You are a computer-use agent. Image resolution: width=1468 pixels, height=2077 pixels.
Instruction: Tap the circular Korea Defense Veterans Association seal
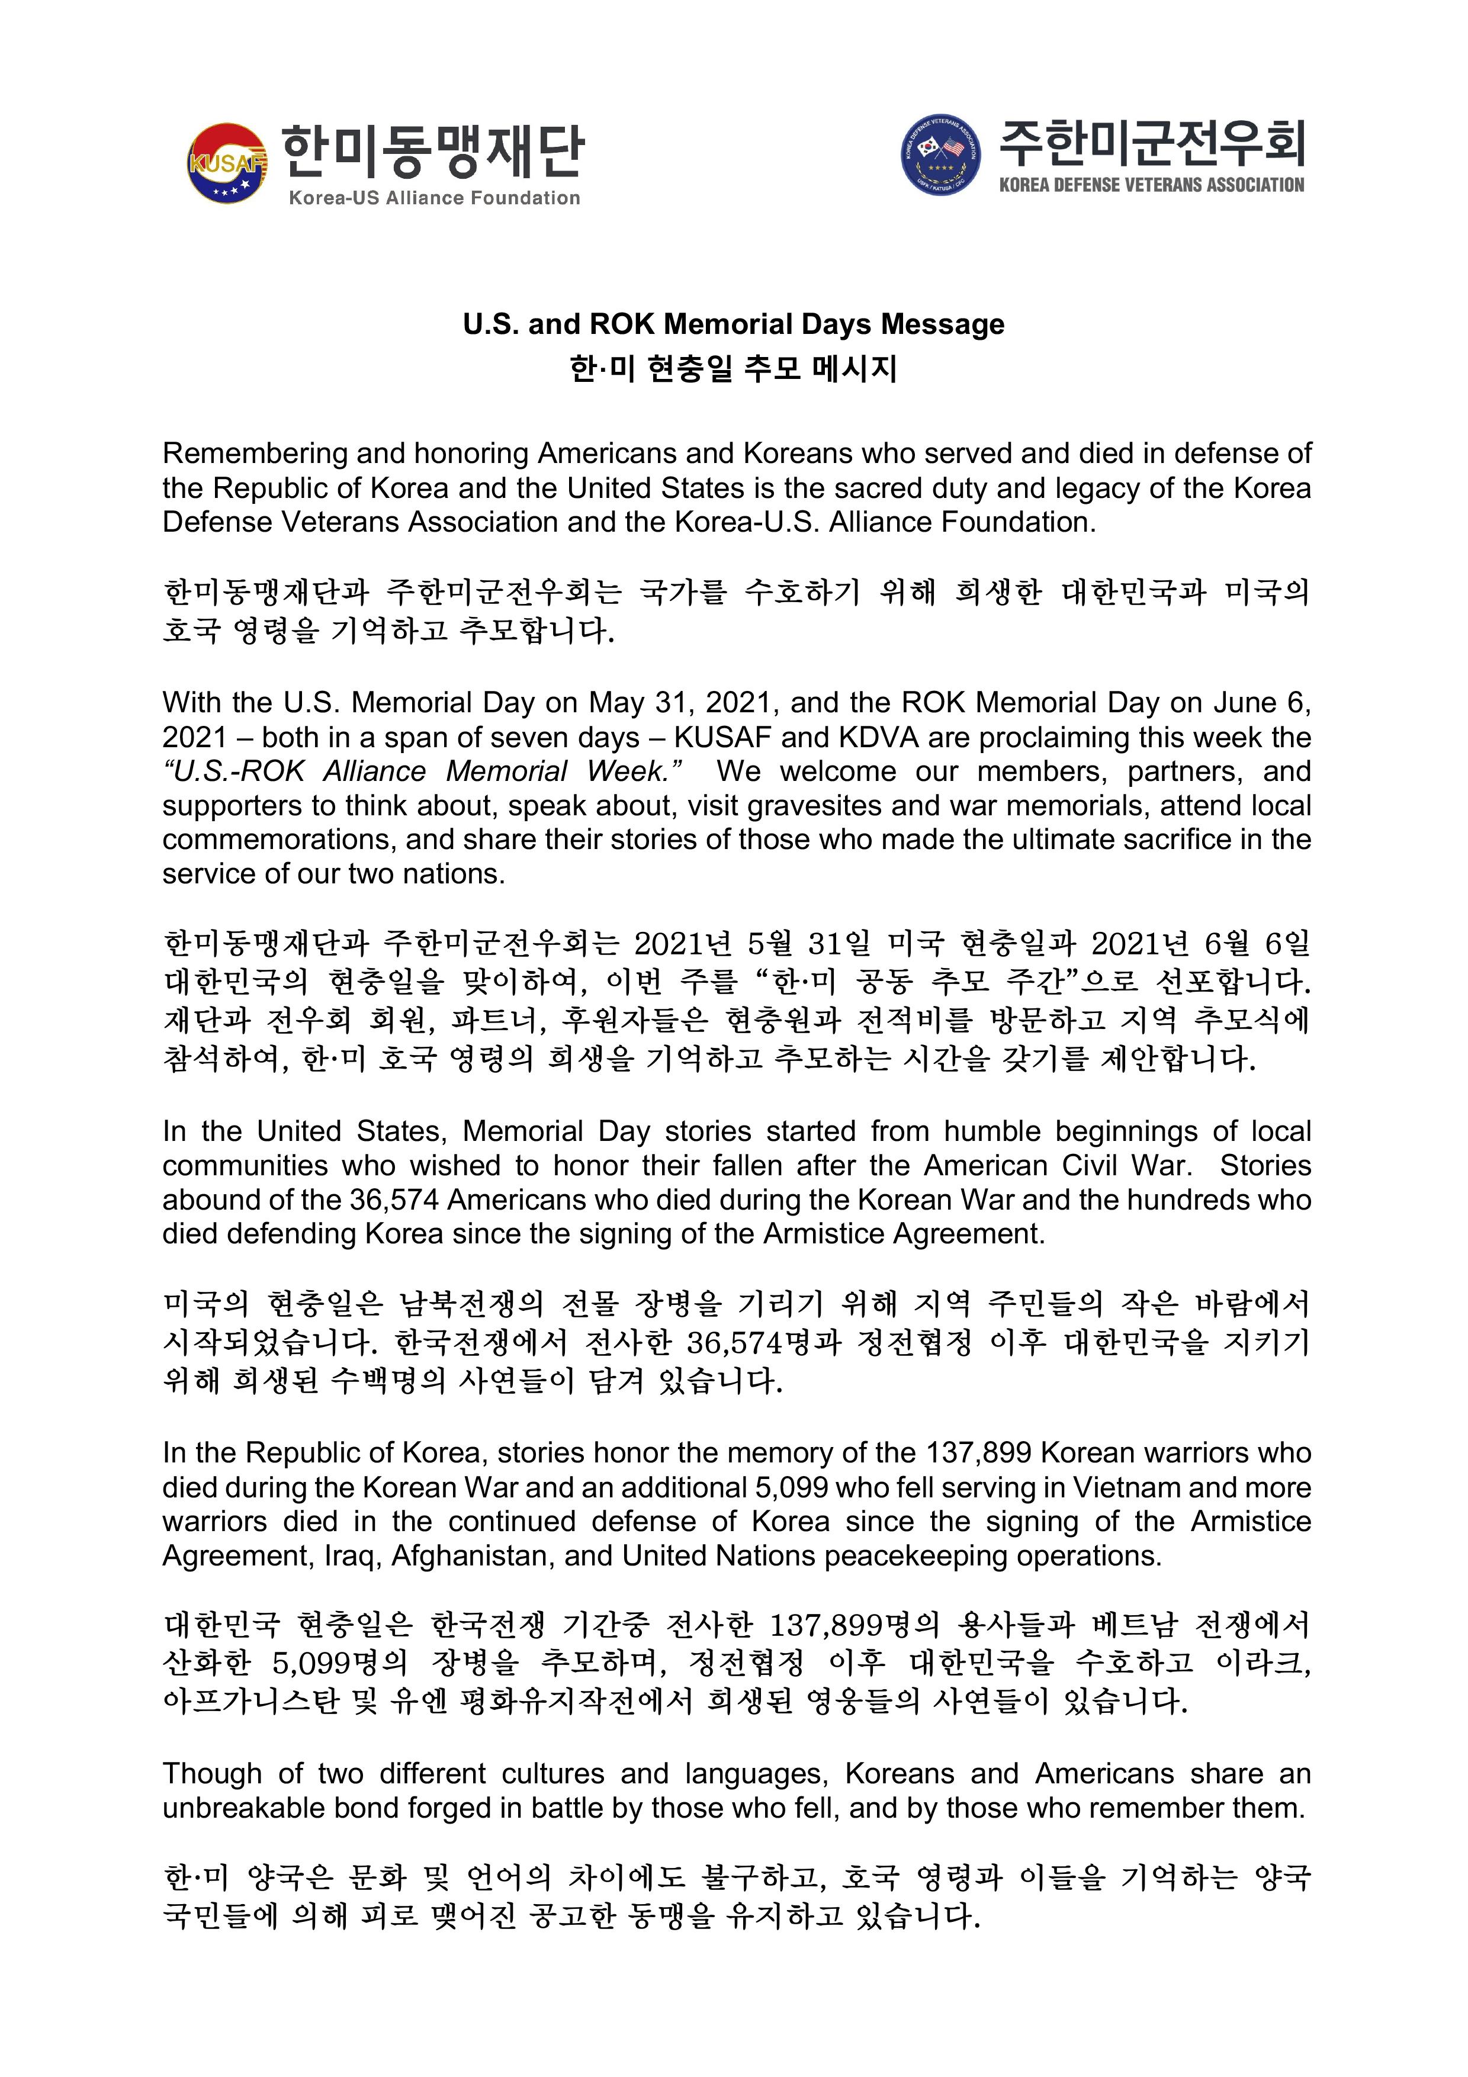[x=941, y=155]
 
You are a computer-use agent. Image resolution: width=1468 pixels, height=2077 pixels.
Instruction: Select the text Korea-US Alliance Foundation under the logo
[x=434, y=198]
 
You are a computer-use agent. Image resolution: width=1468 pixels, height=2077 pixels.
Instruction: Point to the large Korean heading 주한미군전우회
[x=1151, y=143]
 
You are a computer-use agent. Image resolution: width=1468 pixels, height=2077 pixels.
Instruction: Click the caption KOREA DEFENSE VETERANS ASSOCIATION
[x=1151, y=185]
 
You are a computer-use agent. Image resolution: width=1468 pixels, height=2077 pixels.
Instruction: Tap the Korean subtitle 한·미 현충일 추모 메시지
[x=734, y=368]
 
